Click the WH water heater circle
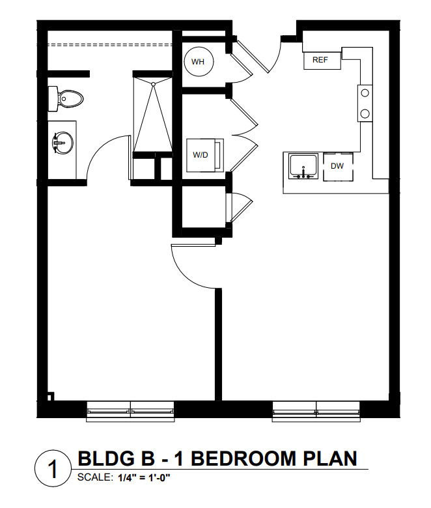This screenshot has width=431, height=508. (x=199, y=62)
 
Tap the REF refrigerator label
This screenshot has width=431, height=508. (x=320, y=60)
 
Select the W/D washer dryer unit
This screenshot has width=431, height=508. (x=204, y=155)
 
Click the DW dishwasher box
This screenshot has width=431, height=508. (x=338, y=167)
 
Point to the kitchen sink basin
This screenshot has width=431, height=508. (x=303, y=166)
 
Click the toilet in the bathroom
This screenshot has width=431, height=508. (x=65, y=99)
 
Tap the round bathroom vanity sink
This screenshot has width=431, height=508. (x=63, y=143)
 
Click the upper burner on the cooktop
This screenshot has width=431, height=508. (x=365, y=93)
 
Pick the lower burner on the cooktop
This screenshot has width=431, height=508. (x=365, y=113)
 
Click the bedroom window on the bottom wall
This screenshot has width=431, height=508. (x=130, y=412)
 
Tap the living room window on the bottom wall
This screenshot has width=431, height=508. (x=316, y=412)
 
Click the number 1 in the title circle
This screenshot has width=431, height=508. (x=53, y=469)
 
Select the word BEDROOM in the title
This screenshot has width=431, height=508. (x=243, y=459)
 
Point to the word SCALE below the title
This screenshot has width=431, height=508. (x=95, y=477)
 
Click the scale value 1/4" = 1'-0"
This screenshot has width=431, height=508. (x=144, y=477)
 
